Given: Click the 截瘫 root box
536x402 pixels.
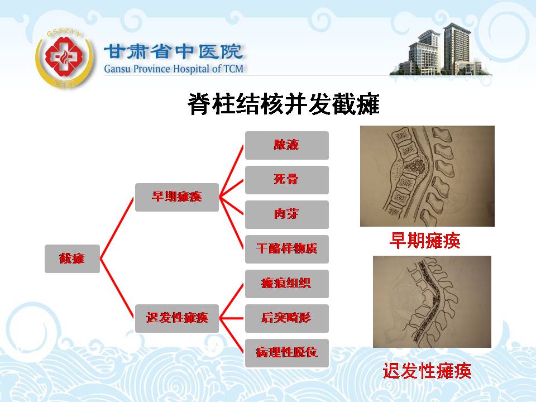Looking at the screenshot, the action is tap(72, 259).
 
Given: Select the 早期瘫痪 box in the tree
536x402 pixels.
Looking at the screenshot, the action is tap(177, 197).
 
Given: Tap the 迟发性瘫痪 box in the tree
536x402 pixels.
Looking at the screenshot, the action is tap(177, 318).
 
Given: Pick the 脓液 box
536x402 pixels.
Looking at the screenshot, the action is tap(287, 145).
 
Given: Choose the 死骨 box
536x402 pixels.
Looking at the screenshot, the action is tap(287, 180).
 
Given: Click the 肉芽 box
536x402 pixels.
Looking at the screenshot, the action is tap(287, 214).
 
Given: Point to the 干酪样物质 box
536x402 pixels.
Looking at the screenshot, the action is tap(287, 249).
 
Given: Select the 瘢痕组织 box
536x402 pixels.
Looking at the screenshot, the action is tap(287, 284).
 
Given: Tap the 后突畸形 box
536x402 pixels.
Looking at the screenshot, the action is tap(287, 318).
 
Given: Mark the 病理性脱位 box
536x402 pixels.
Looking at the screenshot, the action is tap(287, 353).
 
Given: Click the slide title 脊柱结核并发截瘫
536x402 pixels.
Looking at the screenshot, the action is tap(284, 104).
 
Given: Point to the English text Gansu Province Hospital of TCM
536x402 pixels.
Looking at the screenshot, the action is tap(174, 69).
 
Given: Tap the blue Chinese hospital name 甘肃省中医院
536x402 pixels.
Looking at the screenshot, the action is tap(173, 52).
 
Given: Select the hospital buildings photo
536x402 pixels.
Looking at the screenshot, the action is tap(441, 50).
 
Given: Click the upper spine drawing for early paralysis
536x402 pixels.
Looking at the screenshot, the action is tap(427, 176).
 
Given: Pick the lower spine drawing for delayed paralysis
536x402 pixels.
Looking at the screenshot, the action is tap(432, 302).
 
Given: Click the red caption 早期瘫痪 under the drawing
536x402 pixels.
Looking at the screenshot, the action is tap(425, 240).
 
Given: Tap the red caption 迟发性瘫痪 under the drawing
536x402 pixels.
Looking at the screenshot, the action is tap(427, 371).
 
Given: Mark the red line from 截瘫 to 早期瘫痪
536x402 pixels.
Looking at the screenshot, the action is tap(117, 228).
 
